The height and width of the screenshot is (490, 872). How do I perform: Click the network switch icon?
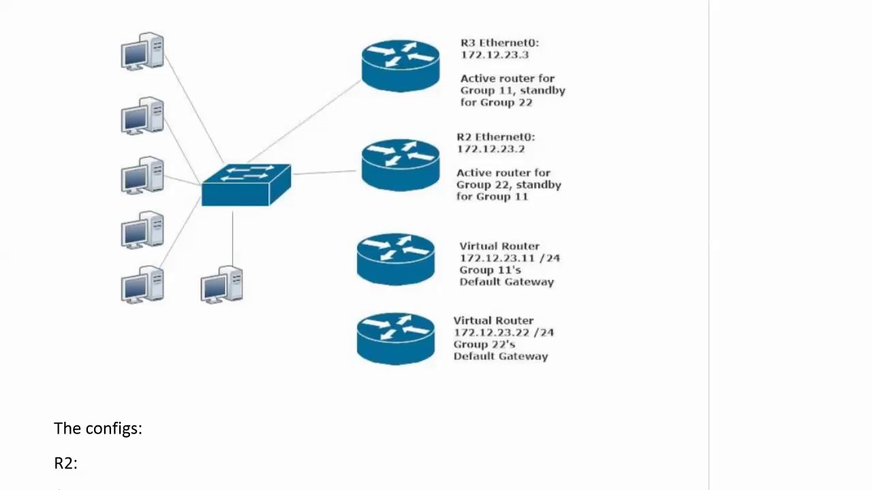click(x=246, y=184)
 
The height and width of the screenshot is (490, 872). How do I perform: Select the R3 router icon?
click(x=401, y=65)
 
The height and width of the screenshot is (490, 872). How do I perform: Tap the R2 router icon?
click(x=401, y=165)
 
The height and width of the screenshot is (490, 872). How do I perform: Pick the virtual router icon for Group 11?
click(x=396, y=259)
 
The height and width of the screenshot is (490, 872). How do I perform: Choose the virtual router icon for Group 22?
click(x=396, y=339)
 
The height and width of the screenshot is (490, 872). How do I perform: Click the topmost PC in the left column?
click(x=142, y=51)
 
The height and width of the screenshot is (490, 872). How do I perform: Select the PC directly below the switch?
click(x=222, y=284)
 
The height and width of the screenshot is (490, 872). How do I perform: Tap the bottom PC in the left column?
click(x=142, y=284)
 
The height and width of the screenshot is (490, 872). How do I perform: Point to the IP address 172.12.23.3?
click(x=494, y=55)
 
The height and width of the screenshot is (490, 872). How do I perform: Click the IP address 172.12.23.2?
click(x=490, y=149)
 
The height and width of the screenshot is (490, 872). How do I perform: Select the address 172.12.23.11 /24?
click(x=510, y=258)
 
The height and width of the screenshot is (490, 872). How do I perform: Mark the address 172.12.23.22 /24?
click(x=503, y=332)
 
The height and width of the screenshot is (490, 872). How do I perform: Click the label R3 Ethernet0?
click(x=499, y=43)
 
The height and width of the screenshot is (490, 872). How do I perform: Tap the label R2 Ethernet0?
click(x=495, y=137)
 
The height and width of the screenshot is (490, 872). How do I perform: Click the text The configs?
click(x=98, y=428)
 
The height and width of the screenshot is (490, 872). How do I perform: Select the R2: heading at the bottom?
click(x=65, y=463)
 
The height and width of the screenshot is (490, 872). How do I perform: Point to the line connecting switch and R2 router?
click(x=326, y=172)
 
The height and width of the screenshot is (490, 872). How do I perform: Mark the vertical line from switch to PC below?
click(x=232, y=238)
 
